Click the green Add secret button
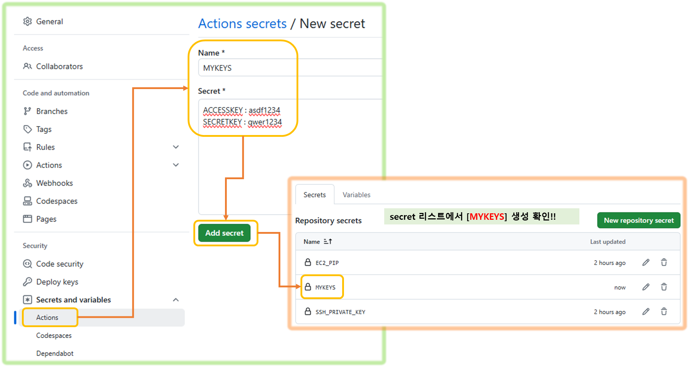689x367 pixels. (224, 233)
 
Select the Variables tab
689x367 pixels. (356, 195)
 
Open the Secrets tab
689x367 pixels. (314, 195)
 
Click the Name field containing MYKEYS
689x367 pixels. (288, 68)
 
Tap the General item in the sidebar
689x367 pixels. (49, 22)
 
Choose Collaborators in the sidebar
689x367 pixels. (59, 66)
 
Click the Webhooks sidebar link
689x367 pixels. (54, 183)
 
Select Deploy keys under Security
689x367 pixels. (57, 282)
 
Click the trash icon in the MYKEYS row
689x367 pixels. (664, 287)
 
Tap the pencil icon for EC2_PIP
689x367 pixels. (646, 263)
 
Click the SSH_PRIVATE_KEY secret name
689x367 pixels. (340, 312)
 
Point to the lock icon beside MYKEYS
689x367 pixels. (308, 287)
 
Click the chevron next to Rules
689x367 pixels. (176, 147)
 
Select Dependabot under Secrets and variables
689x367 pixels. (55, 353)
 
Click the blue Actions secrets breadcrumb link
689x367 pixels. (242, 24)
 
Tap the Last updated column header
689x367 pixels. (607, 242)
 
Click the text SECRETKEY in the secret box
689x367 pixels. (222, 122)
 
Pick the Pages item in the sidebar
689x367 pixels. (46, 219)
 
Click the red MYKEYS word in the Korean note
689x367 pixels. (487, 217)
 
